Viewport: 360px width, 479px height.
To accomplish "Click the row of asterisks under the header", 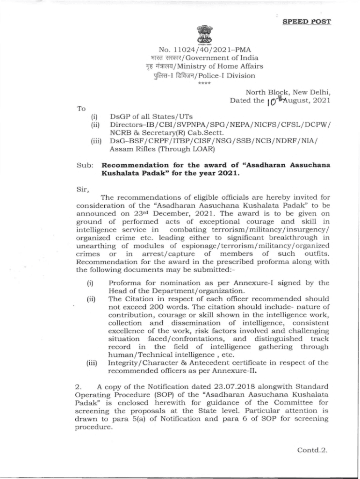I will point(205,83).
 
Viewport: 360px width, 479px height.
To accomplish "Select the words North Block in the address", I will point(265,92).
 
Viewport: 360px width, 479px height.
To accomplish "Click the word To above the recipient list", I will point(81,108).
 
